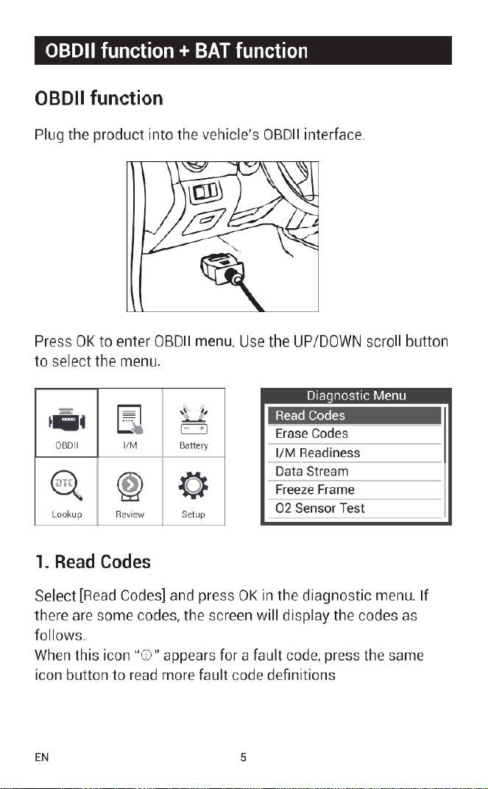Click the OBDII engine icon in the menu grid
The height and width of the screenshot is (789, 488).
pos(66,420)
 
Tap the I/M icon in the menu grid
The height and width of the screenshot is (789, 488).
pos(130,420)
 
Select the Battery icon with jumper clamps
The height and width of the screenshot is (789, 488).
pos(194,420)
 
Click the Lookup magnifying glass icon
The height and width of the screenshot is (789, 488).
pos(66,486)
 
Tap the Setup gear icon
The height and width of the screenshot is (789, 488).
pos(193,485)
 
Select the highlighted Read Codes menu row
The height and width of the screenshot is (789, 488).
pos(354,416)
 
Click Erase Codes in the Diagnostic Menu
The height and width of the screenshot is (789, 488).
pos(311,434)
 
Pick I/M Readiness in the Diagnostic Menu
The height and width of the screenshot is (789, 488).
pos(317,453)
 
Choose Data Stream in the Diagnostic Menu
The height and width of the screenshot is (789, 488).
pos(311,472)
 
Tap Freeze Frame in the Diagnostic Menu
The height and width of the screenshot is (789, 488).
pos(314,489)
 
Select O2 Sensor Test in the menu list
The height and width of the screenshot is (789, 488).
pos(319,509)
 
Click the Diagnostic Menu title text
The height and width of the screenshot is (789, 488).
pos(356,395)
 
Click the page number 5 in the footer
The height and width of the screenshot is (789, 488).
pos(244,757)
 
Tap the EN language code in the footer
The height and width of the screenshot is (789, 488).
pos(42,757)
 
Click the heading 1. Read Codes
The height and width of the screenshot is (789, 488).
pos(93,562)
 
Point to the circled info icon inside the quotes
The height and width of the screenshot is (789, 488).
pos(146,656)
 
